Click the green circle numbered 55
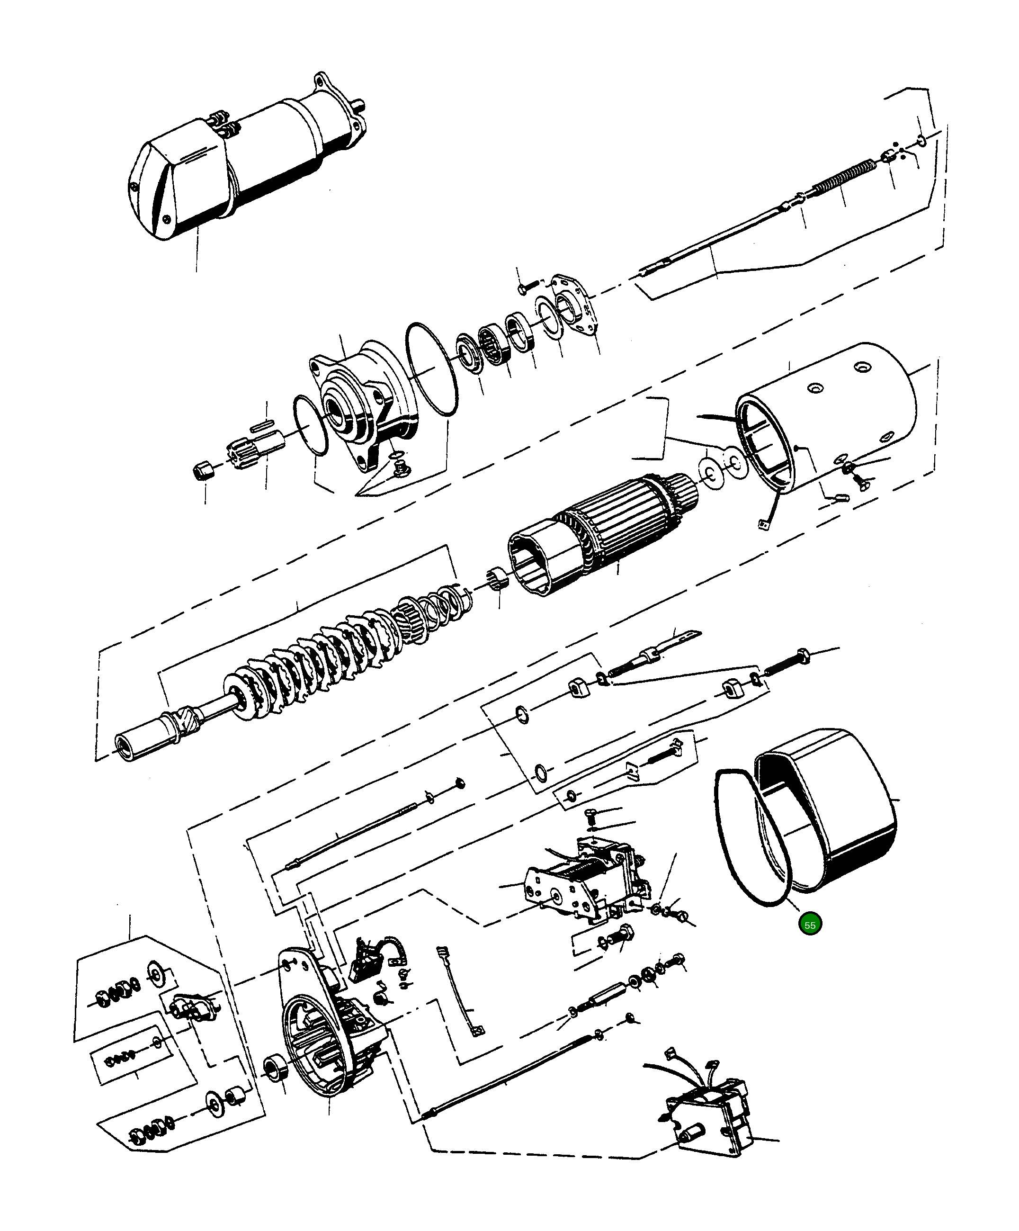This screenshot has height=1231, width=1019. [810, 925]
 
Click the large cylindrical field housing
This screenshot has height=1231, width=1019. [832, 422]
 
